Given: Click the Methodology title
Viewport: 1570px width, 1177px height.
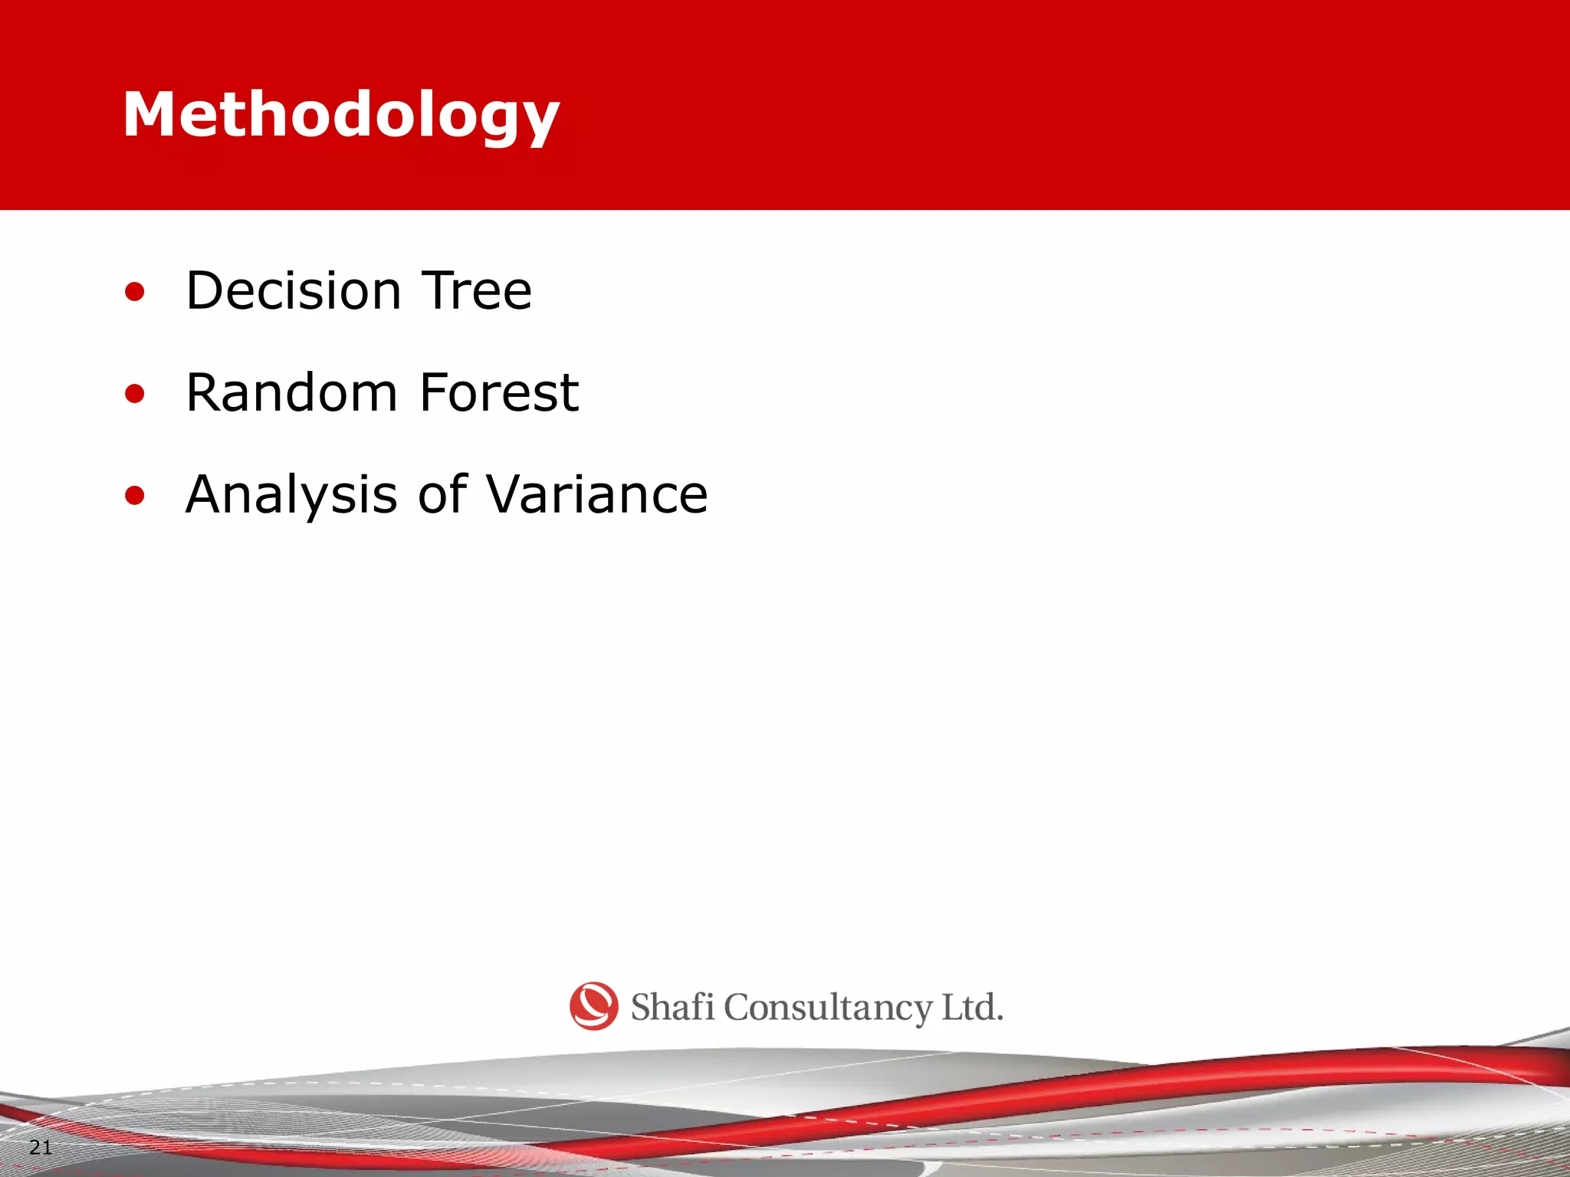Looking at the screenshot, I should (x=341, y=115).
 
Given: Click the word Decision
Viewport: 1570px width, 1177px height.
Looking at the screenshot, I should (x=294, y=291).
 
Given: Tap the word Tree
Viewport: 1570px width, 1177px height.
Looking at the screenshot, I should (x=477, y=291).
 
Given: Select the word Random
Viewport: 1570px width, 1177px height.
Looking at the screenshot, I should (x=291, y=393).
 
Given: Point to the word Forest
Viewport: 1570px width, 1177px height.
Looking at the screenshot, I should (x=499, y=393).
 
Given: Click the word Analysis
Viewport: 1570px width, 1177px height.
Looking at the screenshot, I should (x=291, y=495).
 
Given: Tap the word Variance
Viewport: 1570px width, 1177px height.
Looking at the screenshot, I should (x=598, y=495).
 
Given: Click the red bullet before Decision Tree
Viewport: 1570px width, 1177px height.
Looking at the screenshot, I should (x=135, y=292).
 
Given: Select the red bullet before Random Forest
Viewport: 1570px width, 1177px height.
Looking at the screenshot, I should (x=135, y=394).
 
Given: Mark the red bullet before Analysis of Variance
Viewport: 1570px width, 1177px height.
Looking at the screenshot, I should (x=135, y=496).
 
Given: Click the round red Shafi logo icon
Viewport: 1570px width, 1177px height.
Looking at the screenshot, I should (x=593, y=1005).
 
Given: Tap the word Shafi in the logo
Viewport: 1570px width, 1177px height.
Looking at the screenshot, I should (x=672, y=1007).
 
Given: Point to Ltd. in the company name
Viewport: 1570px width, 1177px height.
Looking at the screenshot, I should (x=972, y=1007).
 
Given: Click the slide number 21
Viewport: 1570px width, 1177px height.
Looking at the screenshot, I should (x=40, y=1147).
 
